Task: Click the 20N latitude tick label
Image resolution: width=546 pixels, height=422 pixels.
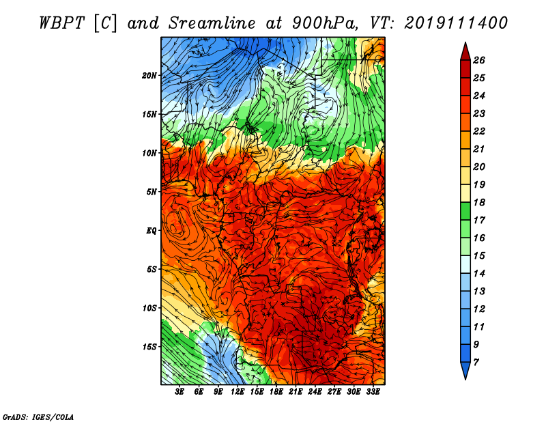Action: (149, 76)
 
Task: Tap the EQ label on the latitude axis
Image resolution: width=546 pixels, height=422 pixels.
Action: (152, 231)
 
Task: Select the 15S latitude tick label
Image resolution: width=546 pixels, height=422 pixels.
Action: (149, 347)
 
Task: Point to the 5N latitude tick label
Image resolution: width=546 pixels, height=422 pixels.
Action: (152, 192)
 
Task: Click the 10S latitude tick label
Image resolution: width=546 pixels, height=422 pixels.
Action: (149, 309)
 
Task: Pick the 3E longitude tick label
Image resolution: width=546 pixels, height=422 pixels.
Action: (179, 392)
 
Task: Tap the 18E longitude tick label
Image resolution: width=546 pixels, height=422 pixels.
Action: (276, 392)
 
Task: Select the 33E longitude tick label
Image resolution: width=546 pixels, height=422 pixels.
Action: (373, 392)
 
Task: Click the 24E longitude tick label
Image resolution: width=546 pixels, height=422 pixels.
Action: (315, 392)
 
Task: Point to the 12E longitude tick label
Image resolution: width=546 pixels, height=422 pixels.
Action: (238, 392)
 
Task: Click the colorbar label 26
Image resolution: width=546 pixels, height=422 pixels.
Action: (479, 60)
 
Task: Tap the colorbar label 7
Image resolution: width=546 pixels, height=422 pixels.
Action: (476, 363)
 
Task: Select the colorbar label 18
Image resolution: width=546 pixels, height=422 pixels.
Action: (479, 202)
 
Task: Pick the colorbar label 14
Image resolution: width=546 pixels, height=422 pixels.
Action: (479, 274)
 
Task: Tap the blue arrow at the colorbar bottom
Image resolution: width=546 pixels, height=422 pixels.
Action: (465, 370)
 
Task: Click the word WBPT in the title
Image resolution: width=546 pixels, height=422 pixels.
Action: (61, 23)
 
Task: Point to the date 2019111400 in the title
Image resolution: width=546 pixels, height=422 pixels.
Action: (456, 23)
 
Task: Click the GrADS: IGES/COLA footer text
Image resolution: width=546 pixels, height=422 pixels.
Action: (38, 417)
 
